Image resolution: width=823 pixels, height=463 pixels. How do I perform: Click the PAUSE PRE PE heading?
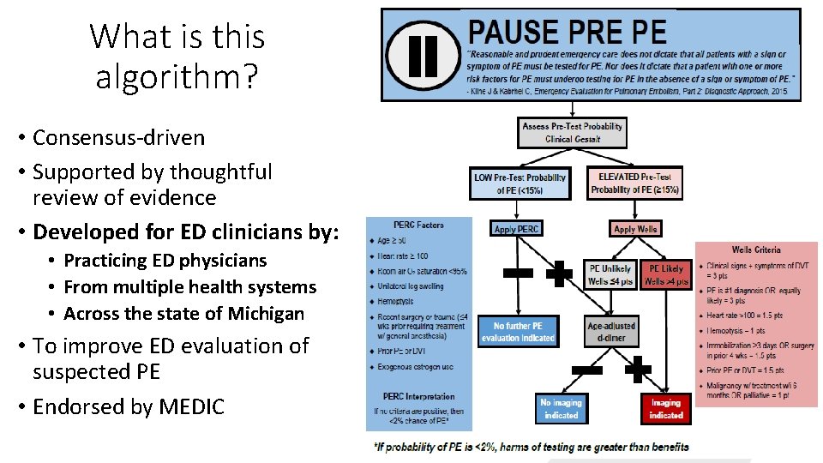pos(567,33)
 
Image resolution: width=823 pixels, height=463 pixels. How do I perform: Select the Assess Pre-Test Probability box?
pos(573,133)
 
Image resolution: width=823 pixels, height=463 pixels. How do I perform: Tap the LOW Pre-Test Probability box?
pos(520,183)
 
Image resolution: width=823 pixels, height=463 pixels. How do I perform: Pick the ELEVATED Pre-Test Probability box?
pos(634,183)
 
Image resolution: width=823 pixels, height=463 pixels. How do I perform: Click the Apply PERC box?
pos(517,229)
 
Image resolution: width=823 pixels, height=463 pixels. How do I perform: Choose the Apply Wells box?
pos(635,229)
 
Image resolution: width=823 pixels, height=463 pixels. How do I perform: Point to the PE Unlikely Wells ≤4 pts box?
pos(610,274)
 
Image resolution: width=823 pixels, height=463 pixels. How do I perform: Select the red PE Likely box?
pos(666,274)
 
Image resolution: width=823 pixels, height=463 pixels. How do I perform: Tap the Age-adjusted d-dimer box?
pos(611,332)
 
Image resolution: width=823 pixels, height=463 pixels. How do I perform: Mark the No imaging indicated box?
pos(562,409)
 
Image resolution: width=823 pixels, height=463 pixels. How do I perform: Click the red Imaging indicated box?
pos(665,409)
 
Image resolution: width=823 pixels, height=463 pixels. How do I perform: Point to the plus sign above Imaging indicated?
pos(639,370)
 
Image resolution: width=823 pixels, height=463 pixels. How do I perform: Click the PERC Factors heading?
pos(418,225)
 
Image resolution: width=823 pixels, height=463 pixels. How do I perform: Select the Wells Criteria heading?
pos(755,250)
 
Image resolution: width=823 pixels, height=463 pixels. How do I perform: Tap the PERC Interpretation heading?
pos(419,397)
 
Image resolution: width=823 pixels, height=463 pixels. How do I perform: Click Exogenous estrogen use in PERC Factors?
pos(416,367)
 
